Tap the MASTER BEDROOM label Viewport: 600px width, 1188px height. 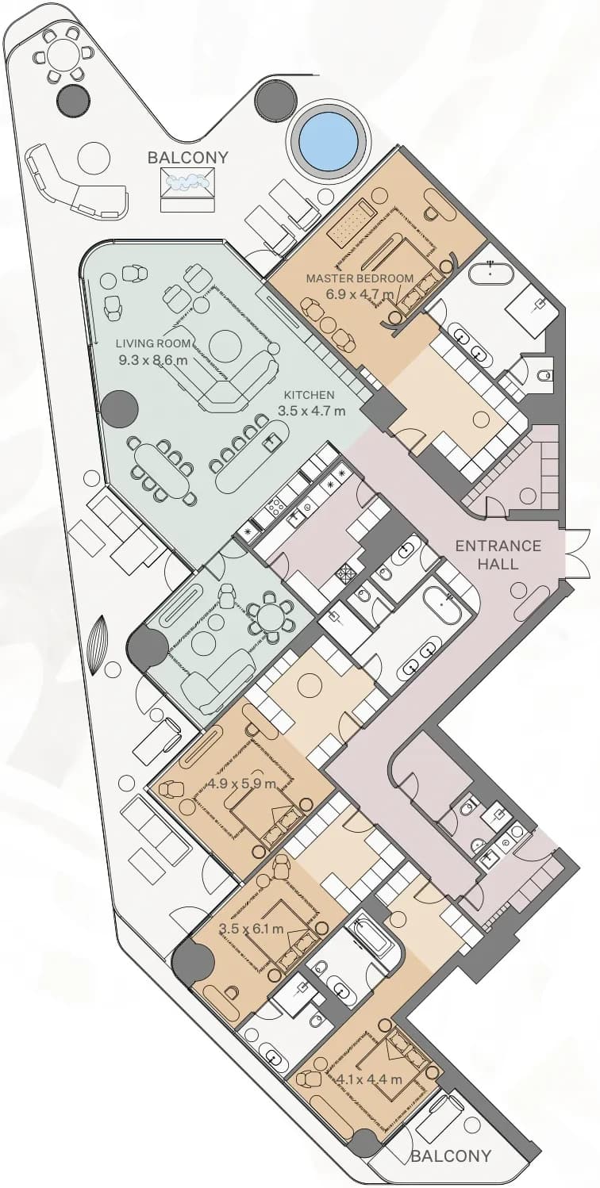click(360, 278)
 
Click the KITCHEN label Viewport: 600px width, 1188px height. click(309, 395)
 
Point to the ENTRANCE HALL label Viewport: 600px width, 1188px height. click(498, 554)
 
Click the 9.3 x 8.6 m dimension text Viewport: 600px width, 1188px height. click(153, 361)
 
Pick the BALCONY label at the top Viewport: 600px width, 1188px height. click(188, 158)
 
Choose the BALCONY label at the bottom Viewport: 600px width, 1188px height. click(451, 1167)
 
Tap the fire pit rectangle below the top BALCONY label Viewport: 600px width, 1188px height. click(188, 182)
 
